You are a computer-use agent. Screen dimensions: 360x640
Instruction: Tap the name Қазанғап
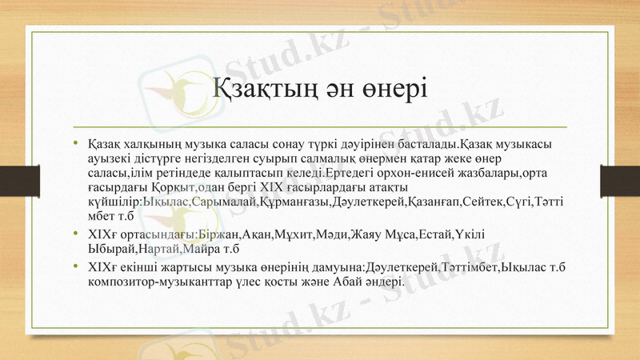(x=438, y=202)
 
